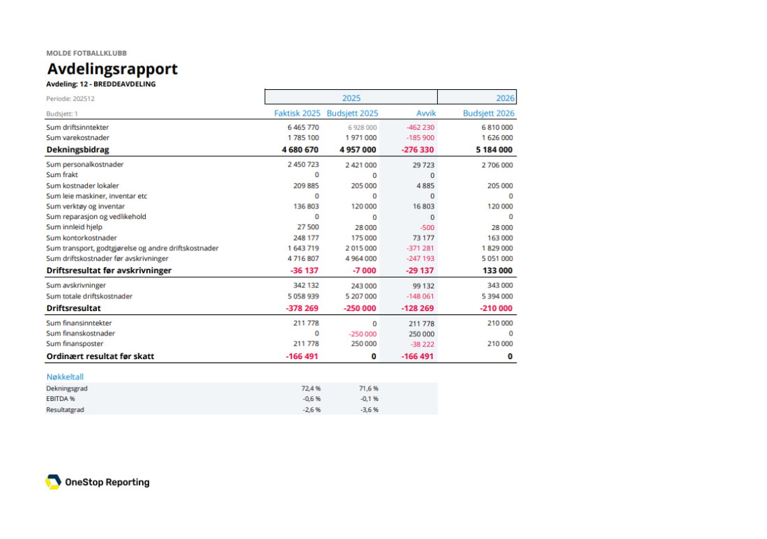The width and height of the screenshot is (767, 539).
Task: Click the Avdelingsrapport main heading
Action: point(112,69)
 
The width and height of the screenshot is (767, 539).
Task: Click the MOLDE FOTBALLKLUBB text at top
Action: point(86,53)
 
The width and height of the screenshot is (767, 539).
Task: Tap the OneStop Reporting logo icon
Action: point(53,482)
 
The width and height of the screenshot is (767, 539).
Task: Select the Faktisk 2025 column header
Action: point(297,113)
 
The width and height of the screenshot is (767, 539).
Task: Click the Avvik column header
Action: point(426,113)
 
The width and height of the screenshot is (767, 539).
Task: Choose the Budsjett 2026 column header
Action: point(489,113)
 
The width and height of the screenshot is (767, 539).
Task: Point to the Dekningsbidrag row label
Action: point(77,149)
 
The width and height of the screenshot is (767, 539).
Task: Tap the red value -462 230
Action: point(420,128)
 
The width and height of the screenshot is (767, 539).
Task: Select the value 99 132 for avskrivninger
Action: point(422,285)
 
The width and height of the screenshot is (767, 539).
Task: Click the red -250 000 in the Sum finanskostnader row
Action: point(363,334)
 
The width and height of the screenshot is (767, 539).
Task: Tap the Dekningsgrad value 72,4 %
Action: point(311,388)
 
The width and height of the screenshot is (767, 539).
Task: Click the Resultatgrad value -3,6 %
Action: point(369,410)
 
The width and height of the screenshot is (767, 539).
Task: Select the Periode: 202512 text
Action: point(70,99)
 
